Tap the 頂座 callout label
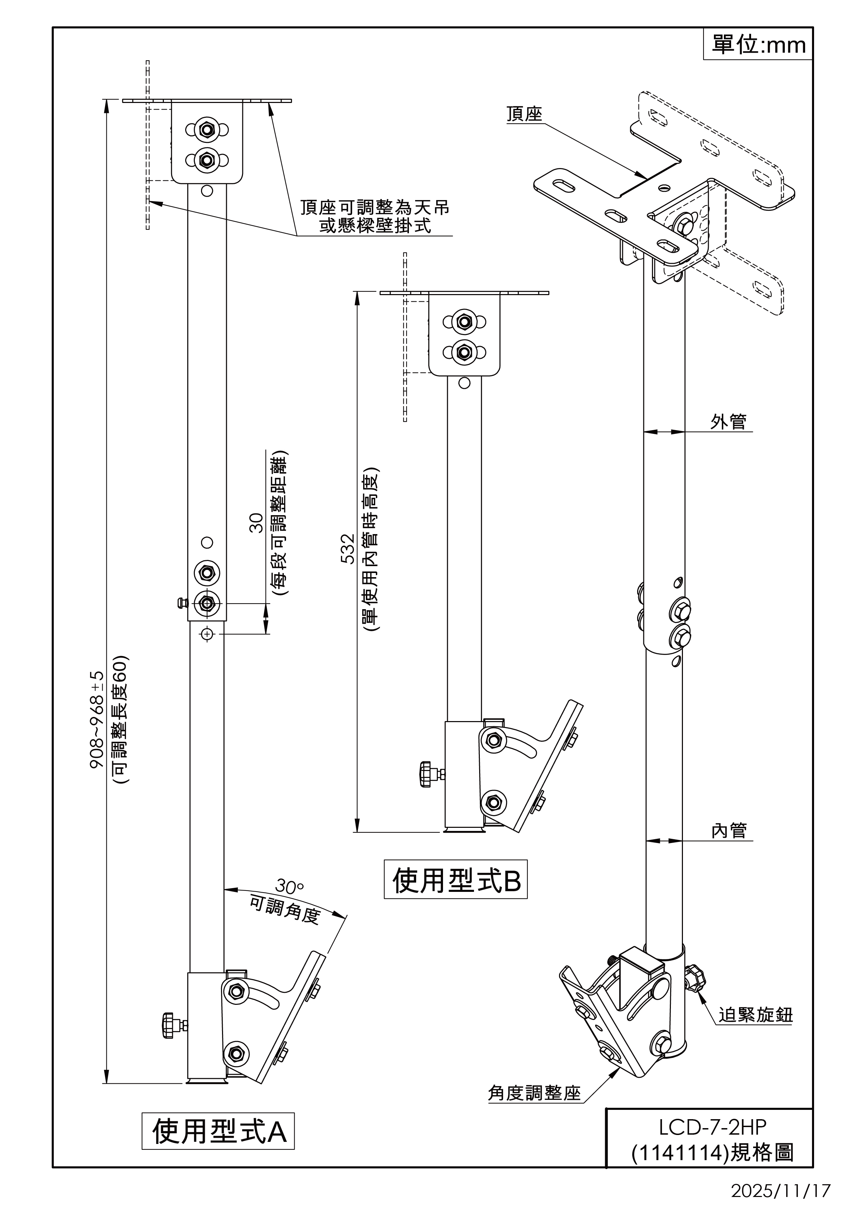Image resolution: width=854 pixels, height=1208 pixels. [x=524, y=115]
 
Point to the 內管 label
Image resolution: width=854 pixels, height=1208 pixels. [x=728, y=831]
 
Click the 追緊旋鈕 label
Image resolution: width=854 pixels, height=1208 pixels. [x=755, y=1015]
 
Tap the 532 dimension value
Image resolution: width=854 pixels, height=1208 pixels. [x=348, y=549]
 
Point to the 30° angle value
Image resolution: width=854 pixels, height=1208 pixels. [x=289, y=886]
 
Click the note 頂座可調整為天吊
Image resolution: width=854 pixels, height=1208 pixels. [x=375, y=207]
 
